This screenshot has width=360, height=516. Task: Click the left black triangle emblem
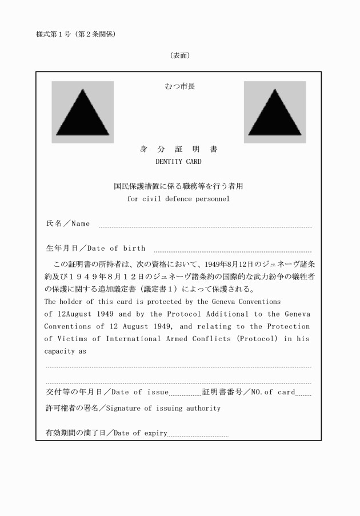tap(82, 113)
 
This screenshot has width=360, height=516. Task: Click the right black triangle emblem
tap(274, 113)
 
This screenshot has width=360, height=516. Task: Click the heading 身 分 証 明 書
tap(178, 150)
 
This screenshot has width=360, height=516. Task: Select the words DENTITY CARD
tap(178, 162)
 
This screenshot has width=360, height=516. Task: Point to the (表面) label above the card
tap(179, 55)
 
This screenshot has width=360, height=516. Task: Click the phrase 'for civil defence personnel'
tap(178, 199)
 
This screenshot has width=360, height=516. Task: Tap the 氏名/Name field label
tap(67, 223)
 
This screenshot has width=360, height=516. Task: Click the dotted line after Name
tap(206, 226)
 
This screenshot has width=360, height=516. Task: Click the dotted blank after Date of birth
tap(233, 251)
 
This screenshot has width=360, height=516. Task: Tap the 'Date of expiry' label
tap(140, 433)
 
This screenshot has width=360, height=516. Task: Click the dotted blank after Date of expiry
tap(198, 435)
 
